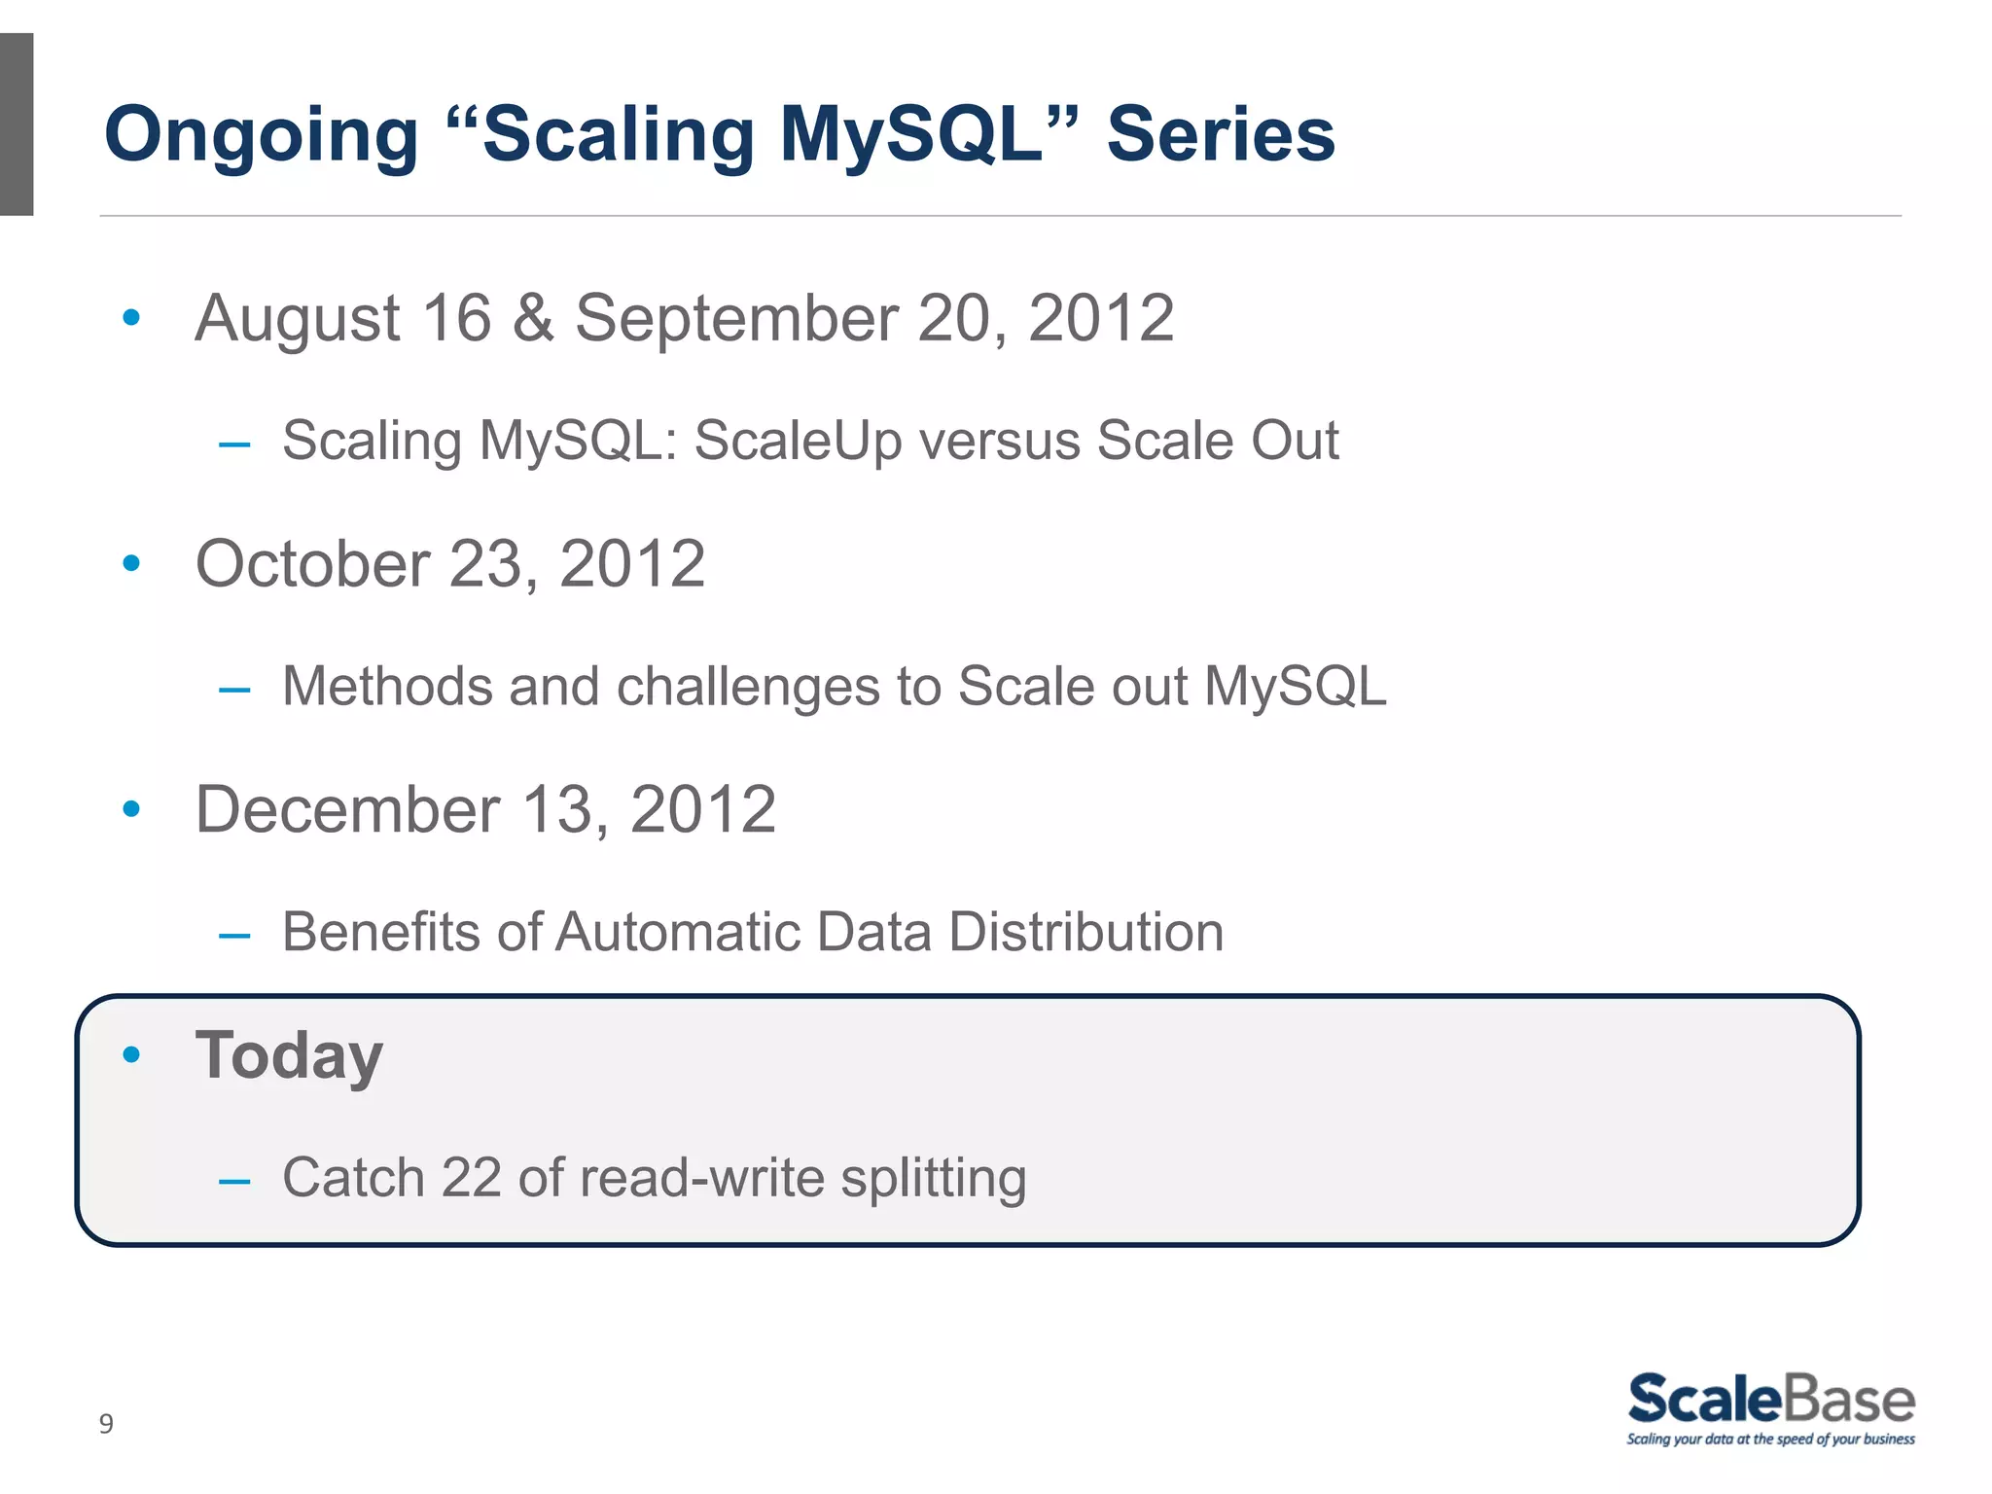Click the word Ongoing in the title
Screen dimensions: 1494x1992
[261, 136]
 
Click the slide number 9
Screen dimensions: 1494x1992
[106, 1424]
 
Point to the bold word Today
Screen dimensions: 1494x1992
[290, 1055]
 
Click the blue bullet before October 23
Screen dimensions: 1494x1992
[132, 562]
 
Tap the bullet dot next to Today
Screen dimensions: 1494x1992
[132, 1054]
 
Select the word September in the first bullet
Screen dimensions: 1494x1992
[735, 319]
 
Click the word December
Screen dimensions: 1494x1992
[347, 809]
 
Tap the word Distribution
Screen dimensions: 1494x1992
[1085, 932]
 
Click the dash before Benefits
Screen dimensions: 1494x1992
[234, 937]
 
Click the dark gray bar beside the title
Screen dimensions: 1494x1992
[17, 124]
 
